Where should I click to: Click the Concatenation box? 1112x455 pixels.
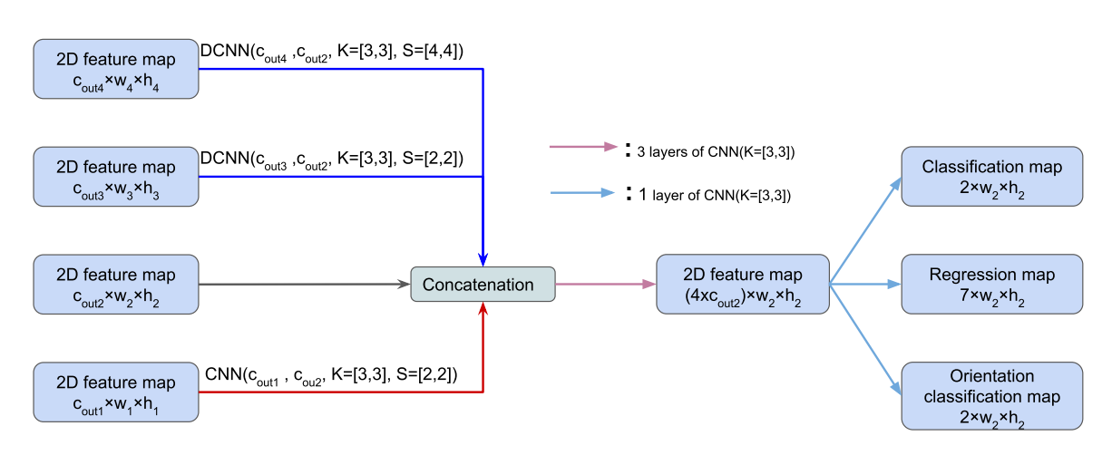pos(482,285)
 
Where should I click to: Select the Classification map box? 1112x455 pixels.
pos(991,177)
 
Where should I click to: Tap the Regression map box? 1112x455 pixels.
pos(991,285)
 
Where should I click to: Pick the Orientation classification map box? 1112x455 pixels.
pos(991,395)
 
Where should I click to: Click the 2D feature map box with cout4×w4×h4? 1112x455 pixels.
pos(116,69)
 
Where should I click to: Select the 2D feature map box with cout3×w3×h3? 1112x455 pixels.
pos(116,177)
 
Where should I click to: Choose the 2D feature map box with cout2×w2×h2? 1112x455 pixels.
pos(116,285)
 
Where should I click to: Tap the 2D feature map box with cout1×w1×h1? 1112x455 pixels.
pos(116,392)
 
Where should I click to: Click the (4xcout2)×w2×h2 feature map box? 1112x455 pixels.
pos(742,285)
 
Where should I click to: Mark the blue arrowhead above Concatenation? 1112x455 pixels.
pos(483,258)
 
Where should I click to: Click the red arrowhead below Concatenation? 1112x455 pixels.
pos(483,311)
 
